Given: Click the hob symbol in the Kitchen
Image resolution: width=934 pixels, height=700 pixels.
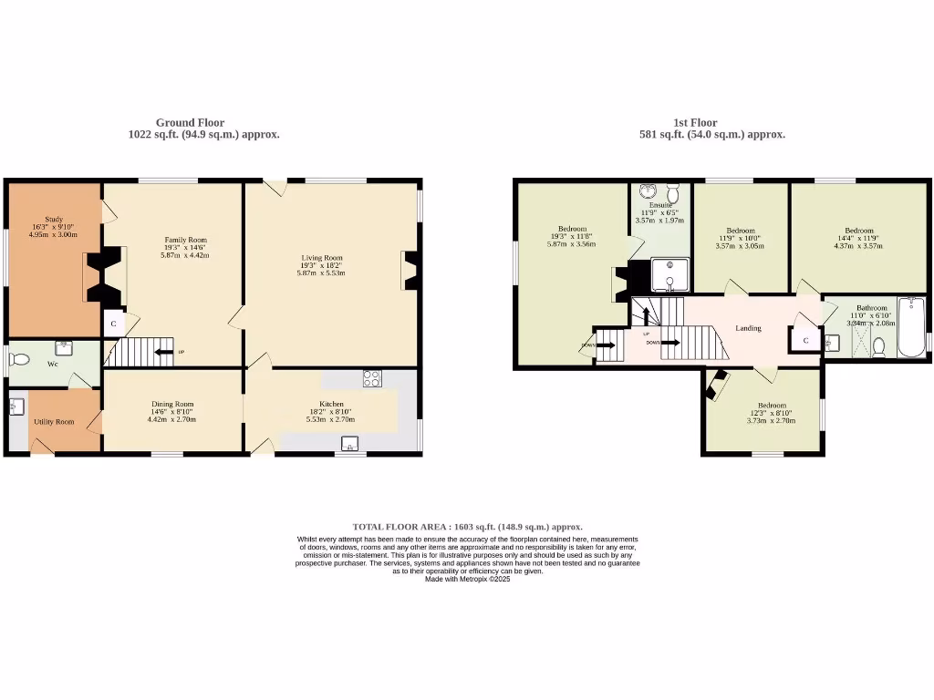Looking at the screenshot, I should point(372,379).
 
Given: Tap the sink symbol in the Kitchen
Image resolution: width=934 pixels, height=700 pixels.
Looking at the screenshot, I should point(350,444).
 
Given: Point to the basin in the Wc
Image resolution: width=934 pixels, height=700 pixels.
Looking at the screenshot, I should point(63,347).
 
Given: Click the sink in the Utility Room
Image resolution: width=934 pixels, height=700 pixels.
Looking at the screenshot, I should point(16,407).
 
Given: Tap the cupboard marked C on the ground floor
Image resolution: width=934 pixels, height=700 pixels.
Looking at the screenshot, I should point(113,324).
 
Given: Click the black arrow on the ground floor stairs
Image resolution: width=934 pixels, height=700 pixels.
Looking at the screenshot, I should point(163,351).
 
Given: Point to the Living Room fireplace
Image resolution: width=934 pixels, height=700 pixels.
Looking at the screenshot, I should point(408,271).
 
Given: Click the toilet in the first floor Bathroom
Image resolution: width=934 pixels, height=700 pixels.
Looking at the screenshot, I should point(878,346).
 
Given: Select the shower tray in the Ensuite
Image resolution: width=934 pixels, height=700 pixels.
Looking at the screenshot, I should point(670,273).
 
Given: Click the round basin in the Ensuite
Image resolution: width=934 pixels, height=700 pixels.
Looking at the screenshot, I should point(648,190).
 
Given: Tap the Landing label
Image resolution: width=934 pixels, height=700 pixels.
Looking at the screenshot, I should point(749,328).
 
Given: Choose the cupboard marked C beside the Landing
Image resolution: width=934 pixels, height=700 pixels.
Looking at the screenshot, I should point(804,340).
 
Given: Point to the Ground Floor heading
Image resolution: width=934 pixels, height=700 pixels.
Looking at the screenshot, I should point(190,122).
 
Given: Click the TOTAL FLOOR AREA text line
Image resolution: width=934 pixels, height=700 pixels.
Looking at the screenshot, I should point(467,527).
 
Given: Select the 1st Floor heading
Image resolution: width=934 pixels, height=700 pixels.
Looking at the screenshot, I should point(695,122).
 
